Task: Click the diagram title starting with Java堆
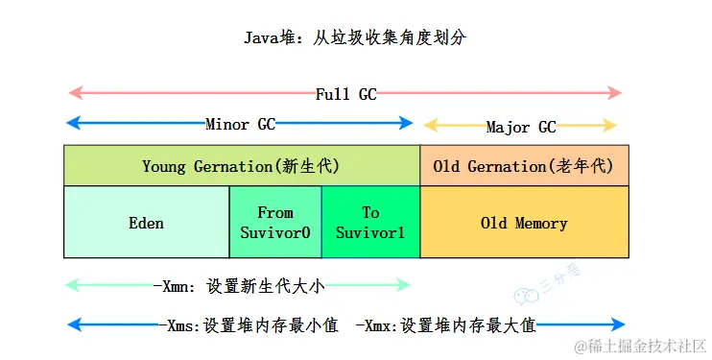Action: click(x=356, y=38)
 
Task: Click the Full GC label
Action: click(x=346, y=94)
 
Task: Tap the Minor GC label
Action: click(x=240, y=125)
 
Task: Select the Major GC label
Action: click(x=521, y=127)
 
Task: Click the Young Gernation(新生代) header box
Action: click(x=241, y=166)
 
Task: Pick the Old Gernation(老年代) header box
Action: click(x=524, y=166)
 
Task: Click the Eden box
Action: click(x=146, y=223)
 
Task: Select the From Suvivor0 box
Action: click(x=275, y=223)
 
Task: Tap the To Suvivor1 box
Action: click(x=370, y=223)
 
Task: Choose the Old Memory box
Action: click(x=524, y=223)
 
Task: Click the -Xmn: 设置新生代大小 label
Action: click(x=245, y=285)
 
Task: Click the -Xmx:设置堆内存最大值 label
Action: click(x=444, y=325)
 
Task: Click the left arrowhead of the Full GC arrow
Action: click(x=71, y=93)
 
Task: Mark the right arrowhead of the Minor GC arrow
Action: click(x=407, y=123)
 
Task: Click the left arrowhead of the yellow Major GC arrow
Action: click(x=430, y=126)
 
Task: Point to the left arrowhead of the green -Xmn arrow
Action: click(x=71, y=284)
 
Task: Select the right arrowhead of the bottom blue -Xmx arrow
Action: click(x=620, y=324)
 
